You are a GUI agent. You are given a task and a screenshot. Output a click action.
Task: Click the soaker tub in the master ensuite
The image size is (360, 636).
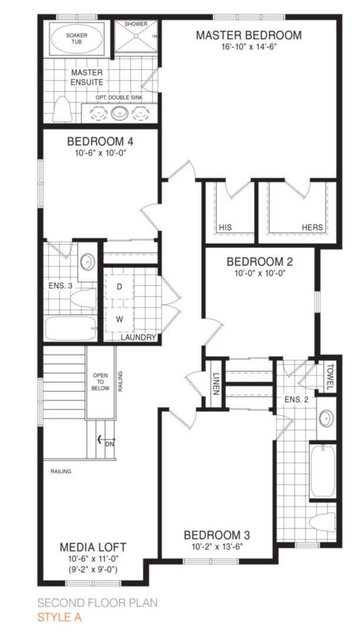click(77, 39)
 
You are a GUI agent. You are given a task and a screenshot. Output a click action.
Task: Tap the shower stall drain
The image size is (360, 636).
click(136, 36)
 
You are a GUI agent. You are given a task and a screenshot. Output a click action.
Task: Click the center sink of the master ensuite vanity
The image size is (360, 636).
click(120, 112)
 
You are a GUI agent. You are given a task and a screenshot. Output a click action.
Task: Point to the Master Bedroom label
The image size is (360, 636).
click(249, 35)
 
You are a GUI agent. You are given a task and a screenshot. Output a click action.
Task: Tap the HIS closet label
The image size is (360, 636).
click(225, 227)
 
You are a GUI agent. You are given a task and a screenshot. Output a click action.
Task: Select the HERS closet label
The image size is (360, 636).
click(312, 227)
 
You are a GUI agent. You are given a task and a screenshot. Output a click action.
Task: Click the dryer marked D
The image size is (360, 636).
click(120, 287)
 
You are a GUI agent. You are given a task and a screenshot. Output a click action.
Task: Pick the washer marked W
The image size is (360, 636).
click(120, 319)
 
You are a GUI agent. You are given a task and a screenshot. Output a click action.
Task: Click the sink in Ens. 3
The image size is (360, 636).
click(87, 262)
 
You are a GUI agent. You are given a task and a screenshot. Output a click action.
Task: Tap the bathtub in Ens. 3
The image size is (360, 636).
click(71, 329)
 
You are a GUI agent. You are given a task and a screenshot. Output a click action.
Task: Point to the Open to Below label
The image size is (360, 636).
click(100, 382)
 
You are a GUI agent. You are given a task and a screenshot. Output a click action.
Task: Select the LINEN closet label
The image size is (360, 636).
click(216, 383)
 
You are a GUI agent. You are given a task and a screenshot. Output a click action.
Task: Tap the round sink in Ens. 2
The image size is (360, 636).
click(326, 418)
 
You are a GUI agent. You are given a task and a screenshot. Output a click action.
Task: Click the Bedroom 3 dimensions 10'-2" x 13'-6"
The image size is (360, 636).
click(217, 546)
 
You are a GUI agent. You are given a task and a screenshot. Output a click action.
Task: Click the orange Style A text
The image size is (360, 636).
click(60, 617)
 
